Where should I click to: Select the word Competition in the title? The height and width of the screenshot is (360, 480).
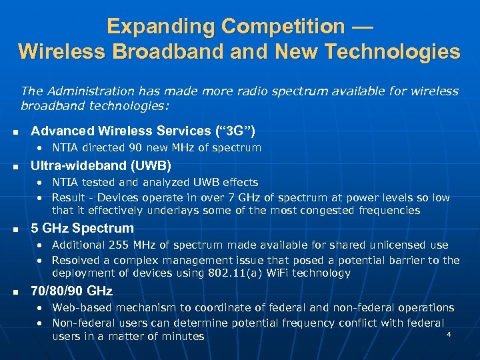click(x=288, y=27)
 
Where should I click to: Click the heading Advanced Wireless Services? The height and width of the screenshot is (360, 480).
click(x=121, y=131)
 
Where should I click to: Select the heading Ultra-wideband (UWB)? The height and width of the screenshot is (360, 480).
click(x=101, y=165)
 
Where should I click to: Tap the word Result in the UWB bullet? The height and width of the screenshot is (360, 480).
click(x=69, y=197)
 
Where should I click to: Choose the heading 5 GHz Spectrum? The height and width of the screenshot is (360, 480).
click(x=83, y=228)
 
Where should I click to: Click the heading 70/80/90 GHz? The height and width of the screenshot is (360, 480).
click(x=72, y=291)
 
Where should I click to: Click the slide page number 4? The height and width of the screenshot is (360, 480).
click(x=449, y=333)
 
